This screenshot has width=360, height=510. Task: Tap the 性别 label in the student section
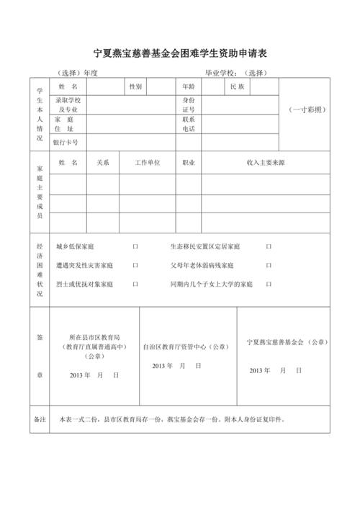(135, 86)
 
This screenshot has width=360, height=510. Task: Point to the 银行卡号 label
(66, 143)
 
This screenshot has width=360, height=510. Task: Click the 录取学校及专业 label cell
(68, 105)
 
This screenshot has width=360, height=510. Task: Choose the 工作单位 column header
(148, 164)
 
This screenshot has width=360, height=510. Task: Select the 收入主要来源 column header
(266, 164)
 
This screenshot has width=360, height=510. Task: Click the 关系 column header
(103, 164)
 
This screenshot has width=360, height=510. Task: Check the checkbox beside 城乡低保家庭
(135, 247)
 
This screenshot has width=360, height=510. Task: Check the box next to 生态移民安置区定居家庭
(269, 247)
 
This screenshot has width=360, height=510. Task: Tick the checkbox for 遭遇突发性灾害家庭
(135, 266)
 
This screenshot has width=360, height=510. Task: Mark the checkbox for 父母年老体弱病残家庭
(269, 266)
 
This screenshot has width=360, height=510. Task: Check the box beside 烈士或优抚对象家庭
(135, 285)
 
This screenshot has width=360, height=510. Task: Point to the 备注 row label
(40, 419)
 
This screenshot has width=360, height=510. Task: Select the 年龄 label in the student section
(189, 86)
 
